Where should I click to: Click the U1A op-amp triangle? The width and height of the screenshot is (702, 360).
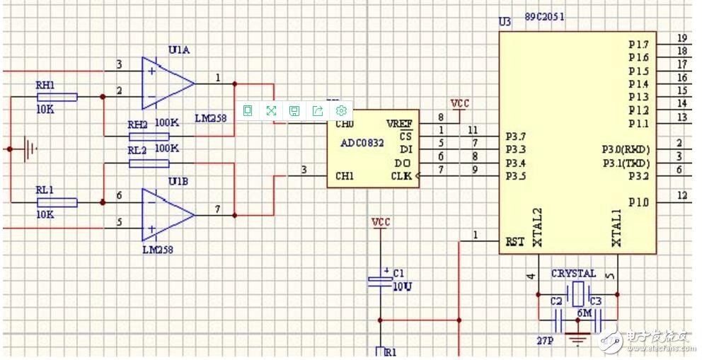tap(166, 83)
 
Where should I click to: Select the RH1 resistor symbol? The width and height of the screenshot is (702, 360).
tap(57, 97)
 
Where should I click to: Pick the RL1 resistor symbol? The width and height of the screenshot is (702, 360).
tap(57, 202)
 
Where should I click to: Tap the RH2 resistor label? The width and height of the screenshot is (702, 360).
tap(137, 124)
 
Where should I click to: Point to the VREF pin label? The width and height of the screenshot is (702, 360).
tap(399, 124)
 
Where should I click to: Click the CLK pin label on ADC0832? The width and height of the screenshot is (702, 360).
tap(401, 175)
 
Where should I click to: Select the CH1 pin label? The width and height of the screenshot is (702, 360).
tap(345, 175)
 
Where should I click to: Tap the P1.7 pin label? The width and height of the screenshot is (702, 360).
tap(638, 45)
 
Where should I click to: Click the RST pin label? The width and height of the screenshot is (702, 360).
tap(515, 241)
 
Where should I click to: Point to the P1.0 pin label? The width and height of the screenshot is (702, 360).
tap(638, 202)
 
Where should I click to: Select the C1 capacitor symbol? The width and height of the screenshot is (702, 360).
tap(380, 281)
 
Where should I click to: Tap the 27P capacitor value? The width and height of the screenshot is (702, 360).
tap(544, 340)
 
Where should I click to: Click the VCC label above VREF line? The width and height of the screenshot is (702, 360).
tap(460, 103)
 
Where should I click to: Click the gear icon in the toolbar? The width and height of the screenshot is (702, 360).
tap(341, 110)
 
